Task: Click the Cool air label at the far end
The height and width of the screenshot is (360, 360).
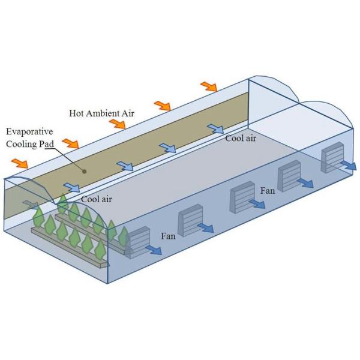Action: (241, 139)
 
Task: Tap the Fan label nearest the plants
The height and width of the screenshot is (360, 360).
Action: (168, 236)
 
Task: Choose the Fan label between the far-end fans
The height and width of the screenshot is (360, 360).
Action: (268, 191)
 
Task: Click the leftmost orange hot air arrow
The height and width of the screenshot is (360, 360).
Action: (20, 163)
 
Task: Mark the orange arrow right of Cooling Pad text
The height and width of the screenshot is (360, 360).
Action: (71, 144)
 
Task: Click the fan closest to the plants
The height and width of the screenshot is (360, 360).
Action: (138, 242)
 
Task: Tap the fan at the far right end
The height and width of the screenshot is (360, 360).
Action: (332, 157)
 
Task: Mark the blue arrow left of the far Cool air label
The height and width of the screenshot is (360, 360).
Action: (215, 129)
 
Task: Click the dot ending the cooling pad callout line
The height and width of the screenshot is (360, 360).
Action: (86, 171)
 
